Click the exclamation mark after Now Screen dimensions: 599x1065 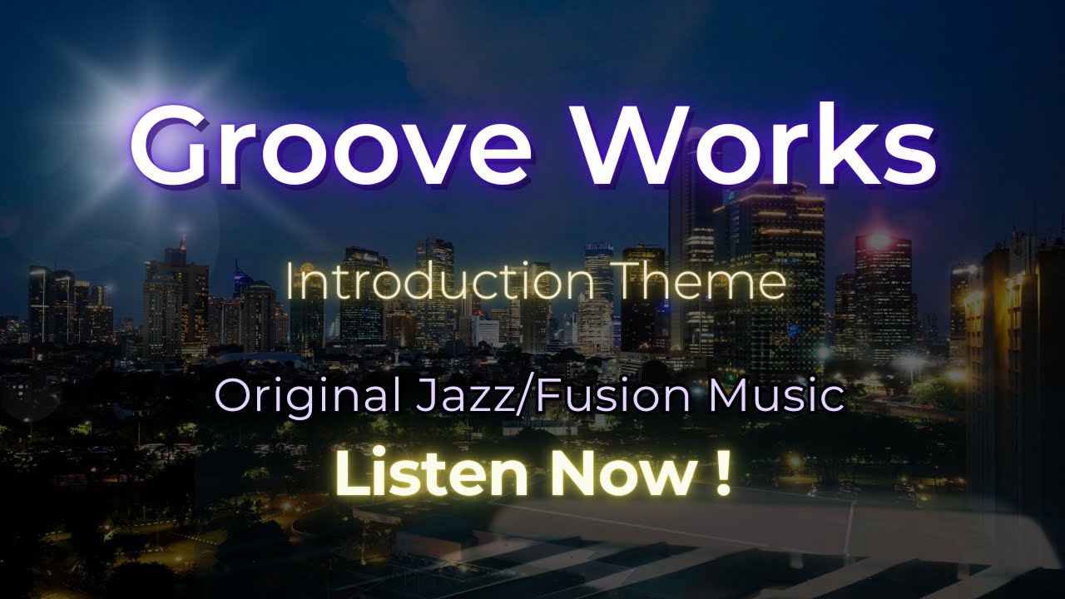(721, 472)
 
